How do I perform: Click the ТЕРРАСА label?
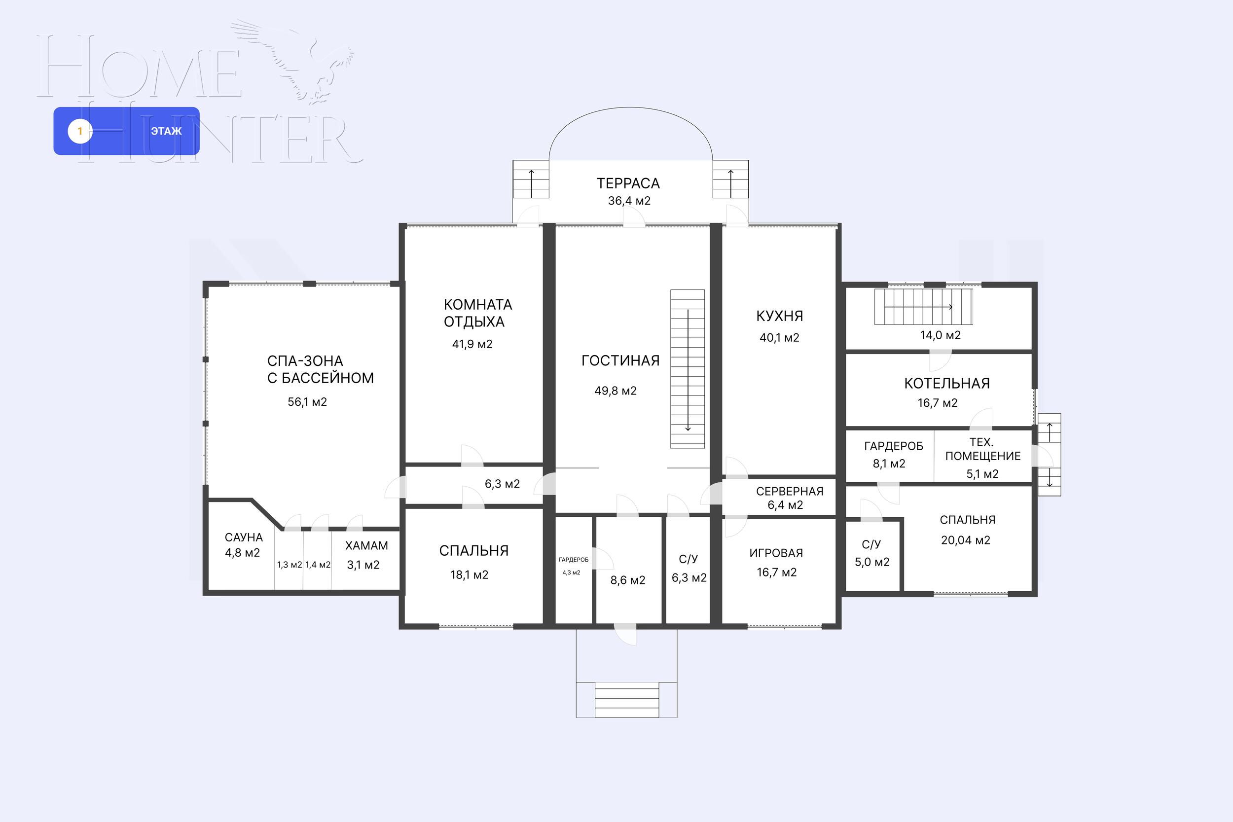pos(628,183)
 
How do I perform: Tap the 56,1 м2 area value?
pos(307,402)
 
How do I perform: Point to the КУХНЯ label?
pos(780,316)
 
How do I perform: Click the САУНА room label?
pos(244,537)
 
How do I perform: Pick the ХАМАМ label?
pos(366,546)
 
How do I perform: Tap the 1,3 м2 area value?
pos(290,565)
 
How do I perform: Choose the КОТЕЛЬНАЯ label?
pos(947,384)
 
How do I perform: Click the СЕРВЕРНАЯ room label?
pos(790,492)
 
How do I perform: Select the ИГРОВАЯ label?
pos(776,553)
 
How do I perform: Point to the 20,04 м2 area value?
pos(966,540)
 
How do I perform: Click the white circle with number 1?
pos(80,131)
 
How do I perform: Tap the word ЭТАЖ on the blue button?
pos(166,131)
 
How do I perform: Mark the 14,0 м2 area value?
pos(941,335)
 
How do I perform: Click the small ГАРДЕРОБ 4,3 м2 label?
pos(574,566)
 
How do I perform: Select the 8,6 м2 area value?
pos(627,581)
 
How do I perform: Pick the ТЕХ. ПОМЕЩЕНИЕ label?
pos(983,449)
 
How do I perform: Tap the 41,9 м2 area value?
pos(472,344)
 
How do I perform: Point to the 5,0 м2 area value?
pos(872,563)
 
